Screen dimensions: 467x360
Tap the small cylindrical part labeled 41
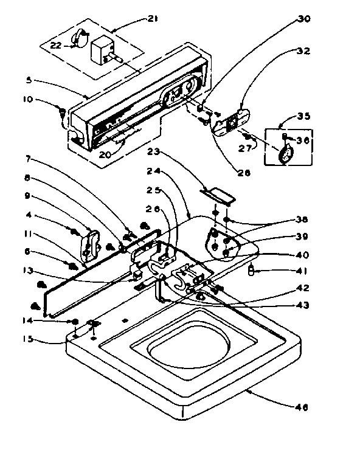(x=251, y=270)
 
